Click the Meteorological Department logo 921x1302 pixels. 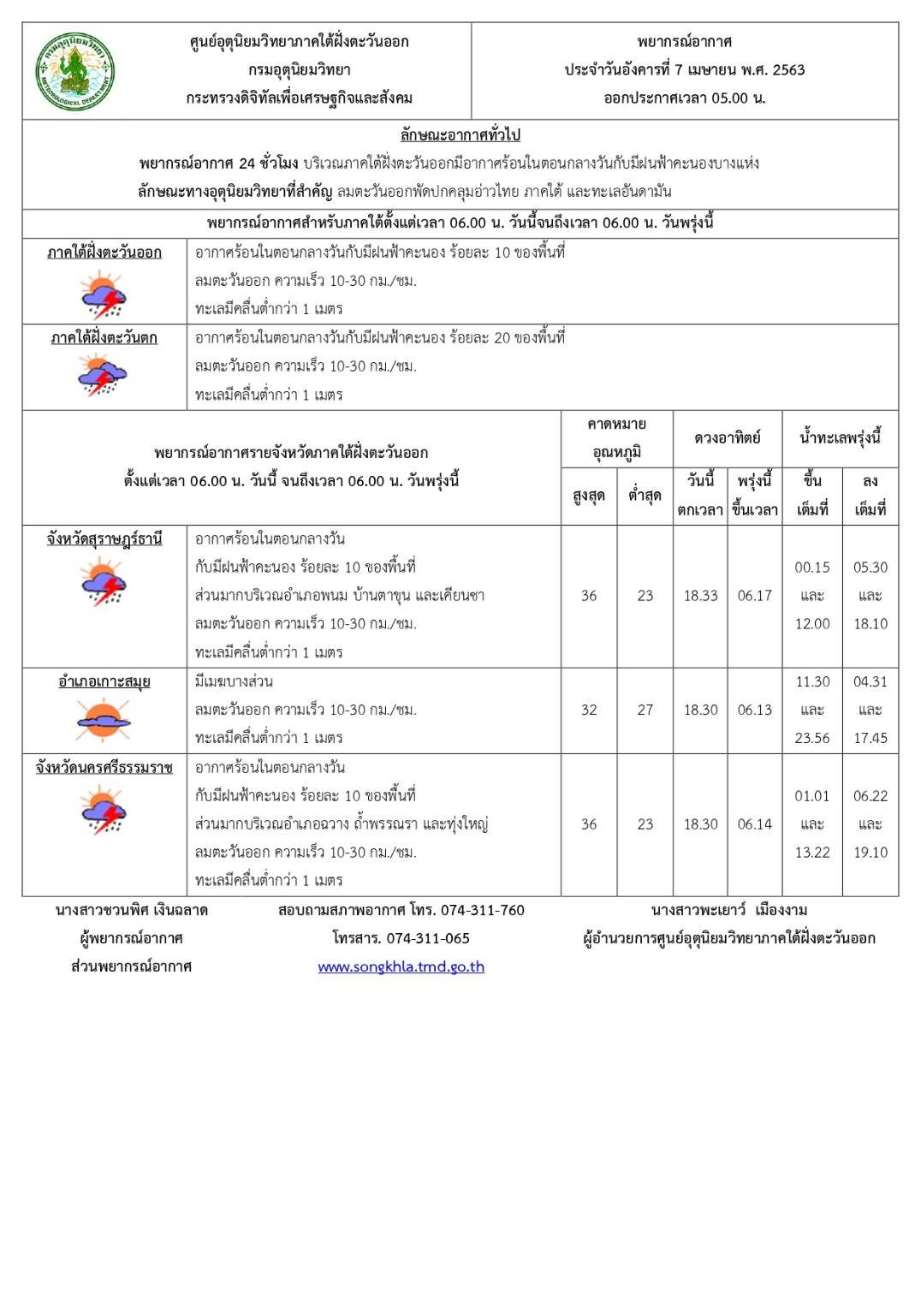[x=75, y=71]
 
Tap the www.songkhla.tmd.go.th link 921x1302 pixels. [x=401, y=966]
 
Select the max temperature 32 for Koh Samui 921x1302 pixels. [x=589, y=710]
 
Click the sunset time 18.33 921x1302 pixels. [x=700, y=596]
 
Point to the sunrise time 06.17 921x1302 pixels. [x=754, y=596]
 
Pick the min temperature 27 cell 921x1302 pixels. [x=645, y=710]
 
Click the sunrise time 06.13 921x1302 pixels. [x=754, y=710]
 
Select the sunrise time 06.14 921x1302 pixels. [x=754, y=824]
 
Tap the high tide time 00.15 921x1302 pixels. [x=811, y=568]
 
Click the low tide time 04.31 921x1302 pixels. [x=870, y=681]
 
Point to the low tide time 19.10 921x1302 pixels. [x=870, y=853]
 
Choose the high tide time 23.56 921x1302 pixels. [x=811, y=738]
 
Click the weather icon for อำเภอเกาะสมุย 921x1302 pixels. [x=104, y=718]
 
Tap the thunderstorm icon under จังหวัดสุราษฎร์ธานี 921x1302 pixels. [x=104, y=581]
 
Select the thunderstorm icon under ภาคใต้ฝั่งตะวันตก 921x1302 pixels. [x=104, y=374]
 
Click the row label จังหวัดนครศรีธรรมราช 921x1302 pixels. [x=104, y=768]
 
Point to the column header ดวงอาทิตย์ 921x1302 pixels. [x=727, y=437]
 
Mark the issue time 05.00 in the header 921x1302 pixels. [x=728, y=98]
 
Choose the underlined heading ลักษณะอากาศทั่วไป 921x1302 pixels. [x=460, y=134]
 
